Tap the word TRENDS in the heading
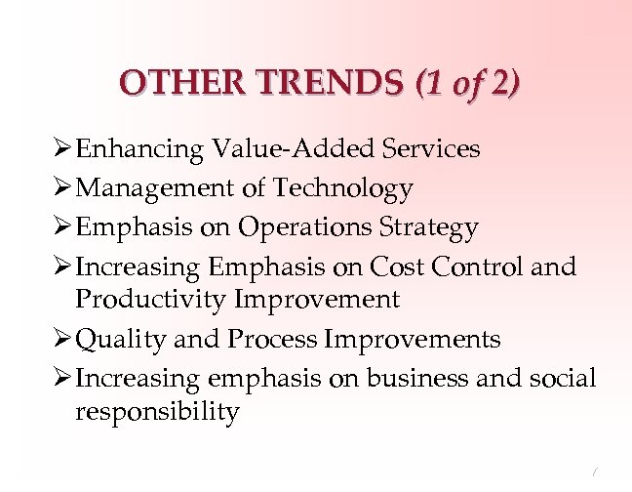pyautogui.click(x=319, y=81)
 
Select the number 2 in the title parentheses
pyautogui.click(x=500, y=81)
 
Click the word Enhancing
pyautogui.click(x=138, y=148)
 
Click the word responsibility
pyautogui.click(x=156, y=412)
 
